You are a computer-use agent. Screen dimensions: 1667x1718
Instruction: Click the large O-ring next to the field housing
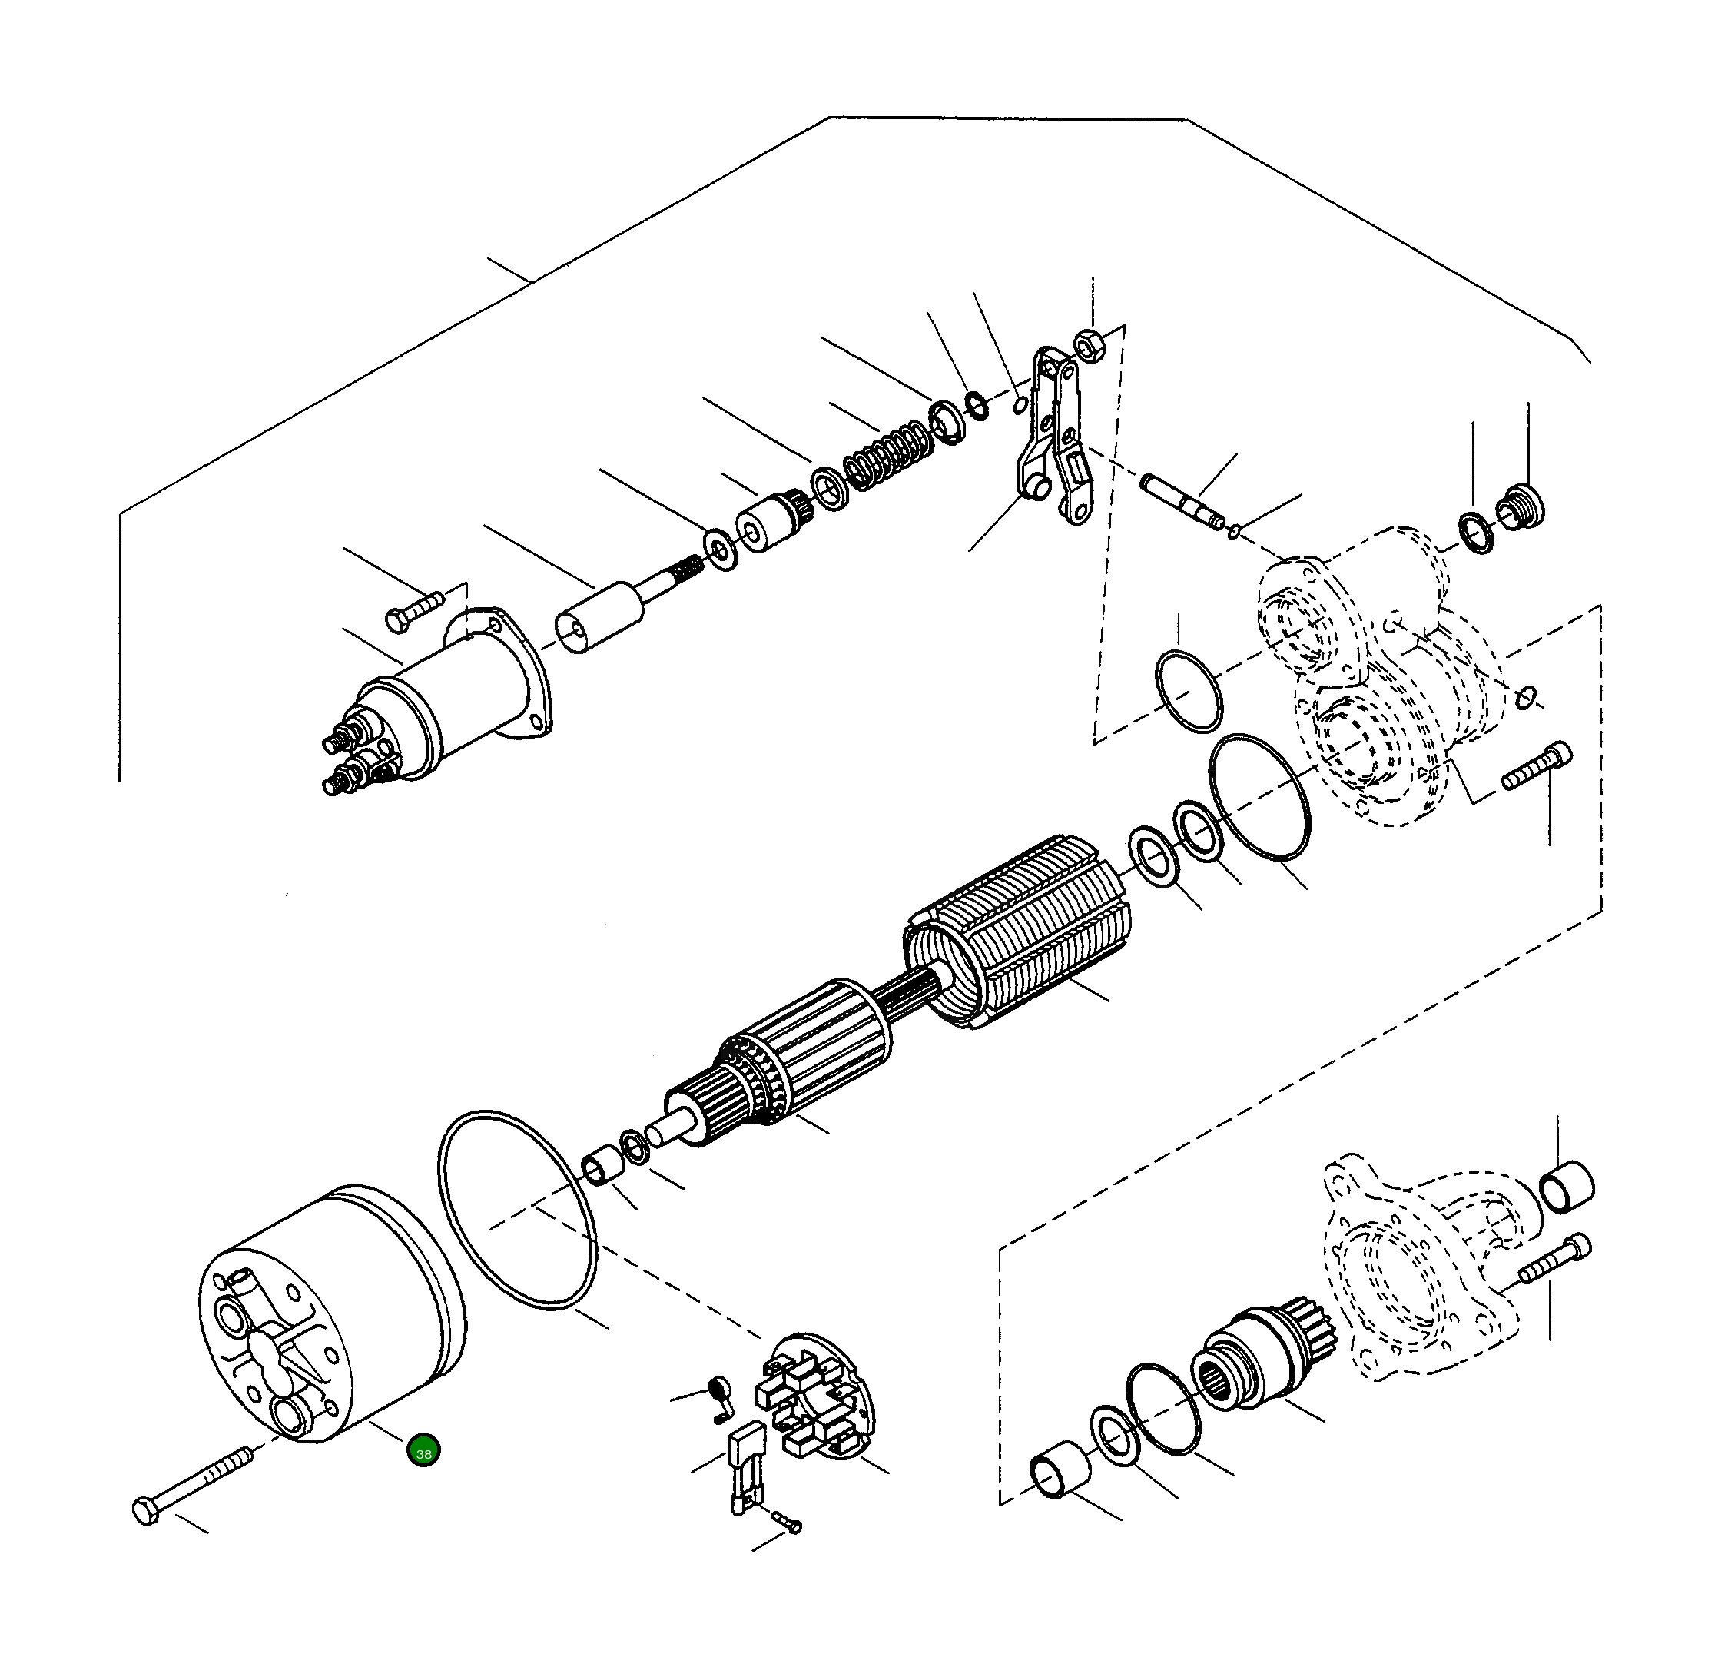517,1210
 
